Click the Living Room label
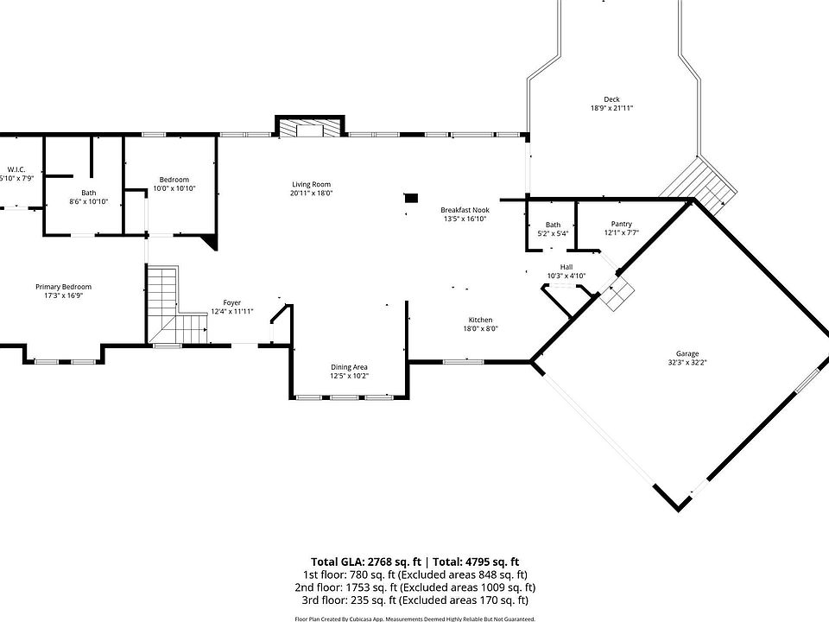(x=311, y=184)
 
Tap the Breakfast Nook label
(x=465, y=210)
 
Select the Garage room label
(x=687, y=354)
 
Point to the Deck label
(x=611, y=99)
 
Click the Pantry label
(x=621, y=225)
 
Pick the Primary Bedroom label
(x=63, y=287)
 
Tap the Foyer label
(x=231, y=303)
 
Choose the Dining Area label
(x=349, y=367)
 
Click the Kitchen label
(x=481, y=320)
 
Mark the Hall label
(x=566, y=267)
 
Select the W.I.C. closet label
(x=16, y=170)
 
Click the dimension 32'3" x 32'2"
(x=687, y=363)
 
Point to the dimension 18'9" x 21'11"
(x=611, y=109)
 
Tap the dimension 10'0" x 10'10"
(x=174, y=188)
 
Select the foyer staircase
(x=175, y=305)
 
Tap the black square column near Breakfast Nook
(x=411, y=199)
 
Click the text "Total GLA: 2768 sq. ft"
(x=366, y=562)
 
